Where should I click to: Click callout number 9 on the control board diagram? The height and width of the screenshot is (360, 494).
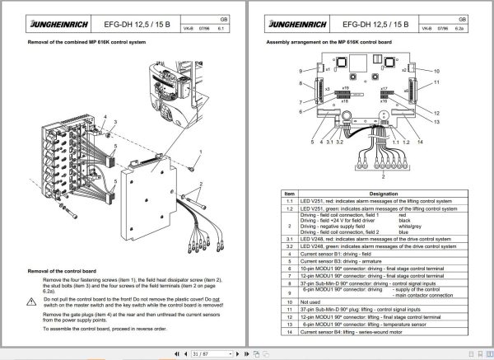point(301,72)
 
